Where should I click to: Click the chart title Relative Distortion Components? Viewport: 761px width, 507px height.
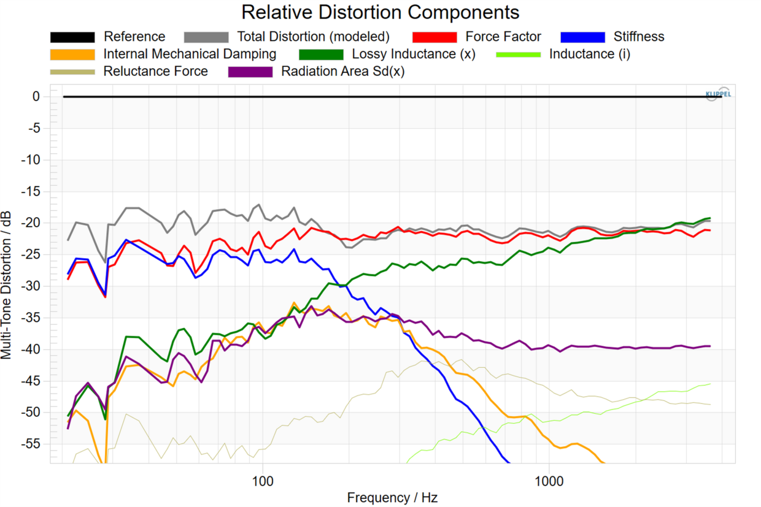click(380, 12)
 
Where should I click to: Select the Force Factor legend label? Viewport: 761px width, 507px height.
click(503, 37)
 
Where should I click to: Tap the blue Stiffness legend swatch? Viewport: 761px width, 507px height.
click(582, 37)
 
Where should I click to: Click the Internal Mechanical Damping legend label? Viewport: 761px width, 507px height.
click(190, 54)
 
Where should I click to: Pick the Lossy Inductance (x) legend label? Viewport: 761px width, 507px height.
click(414, 54)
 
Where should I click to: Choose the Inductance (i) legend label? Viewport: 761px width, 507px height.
click(589, 54)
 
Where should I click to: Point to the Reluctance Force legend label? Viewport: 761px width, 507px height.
click(155, 71)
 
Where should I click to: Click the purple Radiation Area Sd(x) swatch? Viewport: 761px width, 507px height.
click(250, 72)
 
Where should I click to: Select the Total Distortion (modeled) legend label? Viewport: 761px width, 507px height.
click(313, 37)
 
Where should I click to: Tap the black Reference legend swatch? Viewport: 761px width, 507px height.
click(72, 37)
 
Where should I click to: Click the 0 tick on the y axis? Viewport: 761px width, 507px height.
click(36, 97)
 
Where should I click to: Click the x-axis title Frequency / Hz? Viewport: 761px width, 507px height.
click(392, 497)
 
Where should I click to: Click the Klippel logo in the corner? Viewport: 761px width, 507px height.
click(717, 94)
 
